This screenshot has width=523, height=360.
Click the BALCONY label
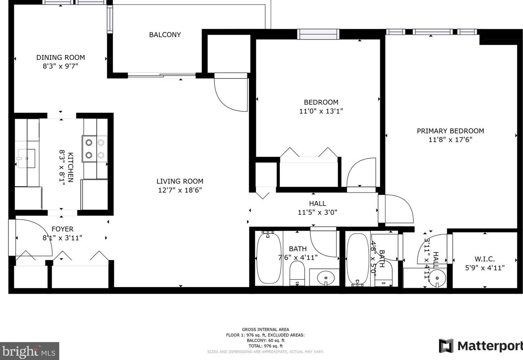(165, 35)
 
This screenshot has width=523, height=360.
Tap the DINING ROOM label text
(61, 57)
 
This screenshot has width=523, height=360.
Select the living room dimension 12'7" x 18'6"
(180, 190)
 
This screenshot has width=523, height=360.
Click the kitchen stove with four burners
(95, 149)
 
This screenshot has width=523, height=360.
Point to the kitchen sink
(26, 159)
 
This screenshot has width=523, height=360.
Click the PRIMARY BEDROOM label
(450, 131)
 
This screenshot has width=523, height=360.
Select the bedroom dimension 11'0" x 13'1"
(321, 111)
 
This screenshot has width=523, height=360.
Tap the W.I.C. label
(484, 259)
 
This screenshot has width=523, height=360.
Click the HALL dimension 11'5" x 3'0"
(317, 213)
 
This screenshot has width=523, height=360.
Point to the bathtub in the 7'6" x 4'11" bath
(269, 258)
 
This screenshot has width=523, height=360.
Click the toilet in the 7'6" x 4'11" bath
(297, 273)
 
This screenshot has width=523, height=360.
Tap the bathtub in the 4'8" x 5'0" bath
(357, 259)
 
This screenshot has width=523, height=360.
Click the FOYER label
(62, 229)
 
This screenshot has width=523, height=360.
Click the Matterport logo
(481, 346)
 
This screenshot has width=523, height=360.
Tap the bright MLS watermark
(29, 351)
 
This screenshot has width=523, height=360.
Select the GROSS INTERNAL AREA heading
(265, 329)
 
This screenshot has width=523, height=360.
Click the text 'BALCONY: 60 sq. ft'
(265, 340)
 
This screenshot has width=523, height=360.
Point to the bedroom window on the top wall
(318, 34)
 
